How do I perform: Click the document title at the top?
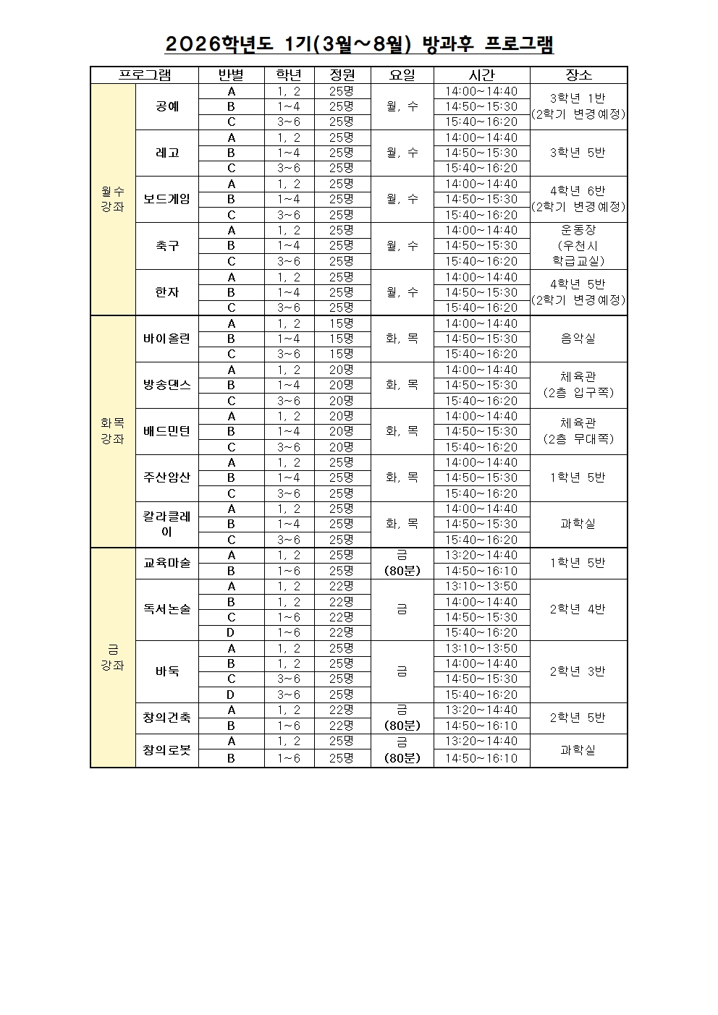coord(359,45)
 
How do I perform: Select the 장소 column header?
coord(578,75)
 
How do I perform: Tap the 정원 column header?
coord(342,75)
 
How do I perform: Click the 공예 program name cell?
coord(167,106)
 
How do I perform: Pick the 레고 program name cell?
coord(167,153)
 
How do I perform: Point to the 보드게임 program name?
coord(167,199)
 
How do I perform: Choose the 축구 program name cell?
coord(167,245)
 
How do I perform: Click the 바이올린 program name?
coord(167,339)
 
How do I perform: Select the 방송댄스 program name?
coord(167,385)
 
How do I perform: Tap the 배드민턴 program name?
coord(167,431)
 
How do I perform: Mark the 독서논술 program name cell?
coord(167,609)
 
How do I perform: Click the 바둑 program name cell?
coord(167,671)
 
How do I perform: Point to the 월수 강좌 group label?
coord(113,199)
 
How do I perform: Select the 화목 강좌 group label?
coord(113,431)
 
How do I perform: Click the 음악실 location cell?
coord(578,339)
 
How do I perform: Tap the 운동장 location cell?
coord(578,245)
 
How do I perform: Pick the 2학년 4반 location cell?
coord(578,609)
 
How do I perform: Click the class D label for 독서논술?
coord(232,632)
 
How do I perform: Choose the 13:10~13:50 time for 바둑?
coord(481,648)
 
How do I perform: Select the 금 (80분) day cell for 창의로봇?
coord(402,749)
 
